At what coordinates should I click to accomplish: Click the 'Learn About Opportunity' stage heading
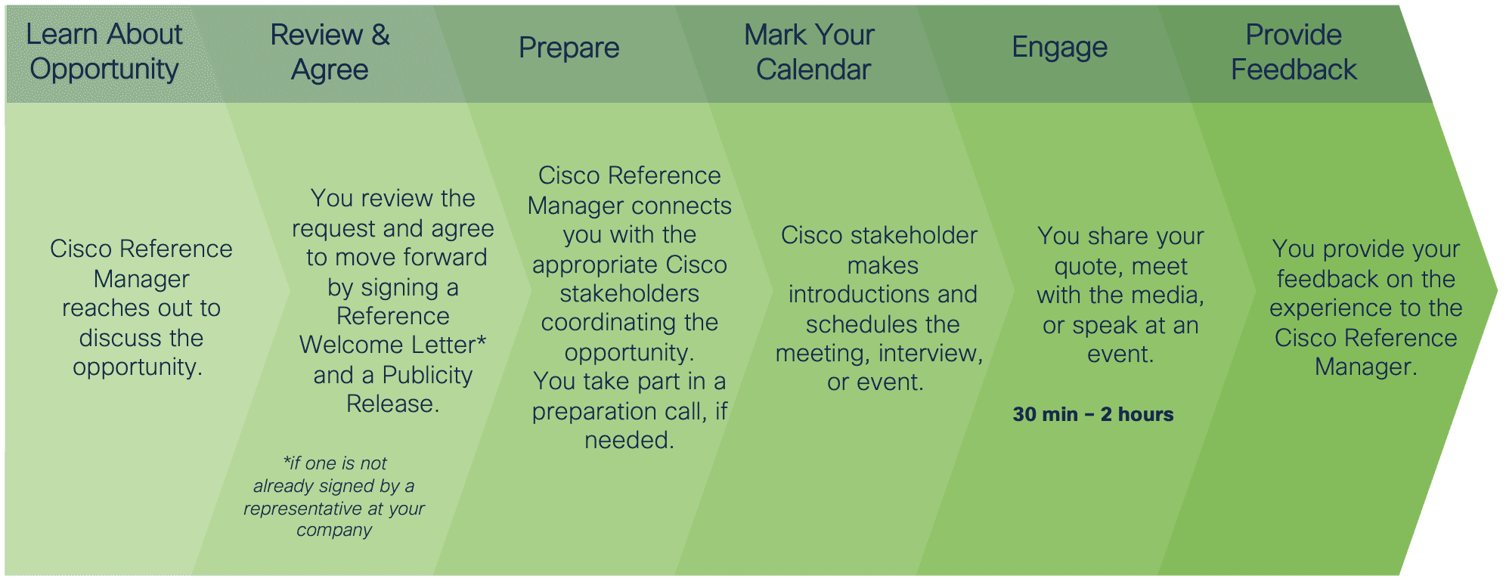point(104,51)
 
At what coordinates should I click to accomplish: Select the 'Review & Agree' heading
point(330,52)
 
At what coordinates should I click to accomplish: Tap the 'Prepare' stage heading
point(569,48)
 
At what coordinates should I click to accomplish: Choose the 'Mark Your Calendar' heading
point(810,52)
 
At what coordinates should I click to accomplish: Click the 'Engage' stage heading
point(1060,48)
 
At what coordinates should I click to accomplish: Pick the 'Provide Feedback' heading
point(1294,52)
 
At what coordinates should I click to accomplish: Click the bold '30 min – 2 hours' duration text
point(1093,414)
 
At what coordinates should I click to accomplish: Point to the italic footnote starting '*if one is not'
point(334,497)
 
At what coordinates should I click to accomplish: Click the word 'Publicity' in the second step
point(427,375)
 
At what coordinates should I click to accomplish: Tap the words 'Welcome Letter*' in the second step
point(393,345)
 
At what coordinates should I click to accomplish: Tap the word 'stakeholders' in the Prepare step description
point(630,294)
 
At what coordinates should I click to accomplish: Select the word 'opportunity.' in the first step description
point(138,367)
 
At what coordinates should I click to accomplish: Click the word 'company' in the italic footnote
point(334,531)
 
